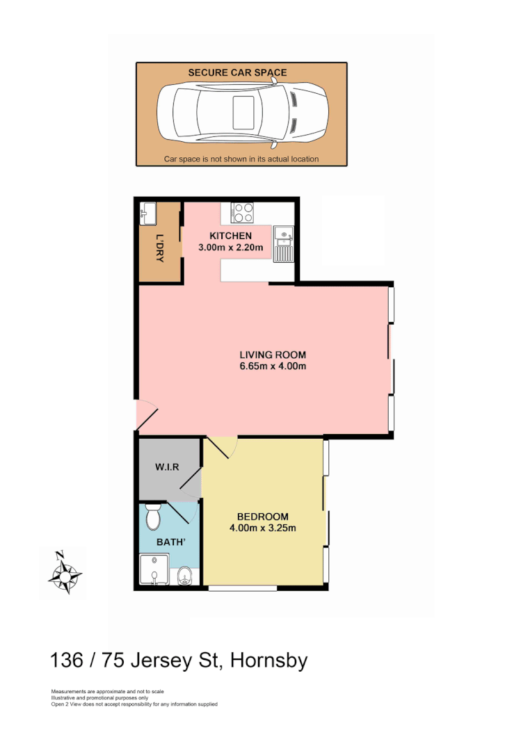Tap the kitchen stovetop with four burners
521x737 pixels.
click(241, 211)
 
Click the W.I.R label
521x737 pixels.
click(168, 467)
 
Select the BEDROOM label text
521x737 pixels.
click(262, 517)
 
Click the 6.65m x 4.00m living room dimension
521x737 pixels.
click(272, 366)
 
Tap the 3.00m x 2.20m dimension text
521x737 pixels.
click(230, 248)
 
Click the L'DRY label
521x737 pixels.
click(160, 248)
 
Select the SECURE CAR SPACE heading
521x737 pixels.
click(237, 72)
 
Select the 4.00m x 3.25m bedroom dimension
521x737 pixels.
click(262, 528)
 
